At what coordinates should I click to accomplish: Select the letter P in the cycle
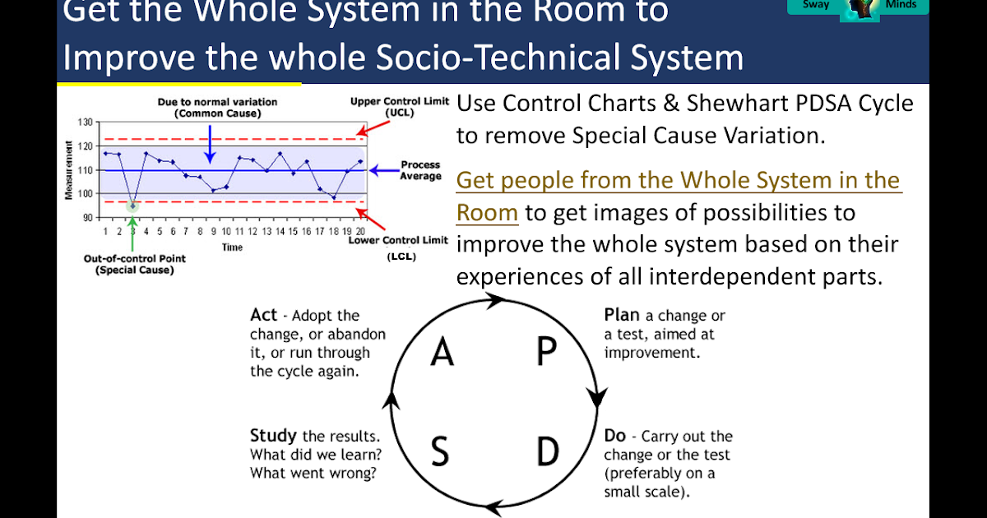coord(546,352)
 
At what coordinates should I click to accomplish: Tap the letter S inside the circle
coord(440,451)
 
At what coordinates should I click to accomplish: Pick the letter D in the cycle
coord(548,451)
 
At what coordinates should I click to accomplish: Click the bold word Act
coord(263,316)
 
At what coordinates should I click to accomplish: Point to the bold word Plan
coord(622,315)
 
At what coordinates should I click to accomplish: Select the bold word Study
coord(273,436)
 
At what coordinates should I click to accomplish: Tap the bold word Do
coord(615,436)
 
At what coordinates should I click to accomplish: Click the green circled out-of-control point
coord(132,206)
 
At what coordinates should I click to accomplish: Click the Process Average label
coord(420,171)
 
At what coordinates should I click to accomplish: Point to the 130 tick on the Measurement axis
coord(86,123)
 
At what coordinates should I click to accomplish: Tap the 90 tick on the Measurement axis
coord(88,218)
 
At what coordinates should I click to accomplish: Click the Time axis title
coord(232,247)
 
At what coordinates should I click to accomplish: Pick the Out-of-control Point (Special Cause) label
coord(135,264)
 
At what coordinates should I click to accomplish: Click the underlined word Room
coord(487,213)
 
